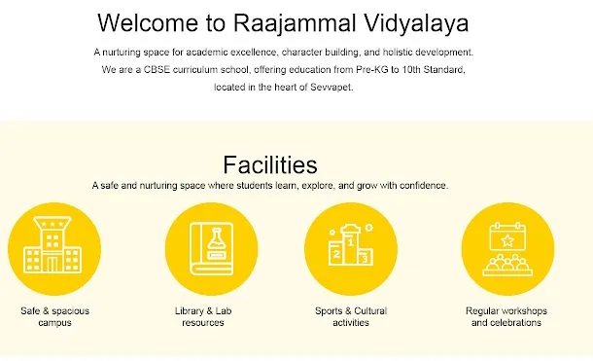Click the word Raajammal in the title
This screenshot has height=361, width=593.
tap(295, 23)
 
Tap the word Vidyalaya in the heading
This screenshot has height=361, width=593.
tap(416, 23)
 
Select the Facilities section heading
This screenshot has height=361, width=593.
tap(270, 164)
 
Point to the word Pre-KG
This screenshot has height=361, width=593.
tap(371, 70)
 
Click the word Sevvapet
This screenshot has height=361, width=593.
tap(331, 87)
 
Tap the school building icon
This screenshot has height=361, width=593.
tap(52, 244)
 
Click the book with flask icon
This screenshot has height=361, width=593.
tap(211, 249)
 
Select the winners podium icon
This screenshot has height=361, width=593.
tap(351, 244)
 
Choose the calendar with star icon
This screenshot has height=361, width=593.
tap(507, 249)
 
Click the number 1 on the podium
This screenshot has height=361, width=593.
tap(351, 242)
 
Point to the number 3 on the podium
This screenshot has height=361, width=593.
tap(365, 259)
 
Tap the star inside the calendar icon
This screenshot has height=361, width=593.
tap(507, 240)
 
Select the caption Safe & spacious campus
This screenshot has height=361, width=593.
tap(54, 317)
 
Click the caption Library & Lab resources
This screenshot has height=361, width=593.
tap(203, 317)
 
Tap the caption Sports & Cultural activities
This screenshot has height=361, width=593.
tap(351, 317)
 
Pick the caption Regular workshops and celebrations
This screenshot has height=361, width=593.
tap(506, 317)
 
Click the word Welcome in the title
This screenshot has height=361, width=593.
tap(148, 23)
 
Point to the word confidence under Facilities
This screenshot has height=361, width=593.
tap(424, 186)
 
